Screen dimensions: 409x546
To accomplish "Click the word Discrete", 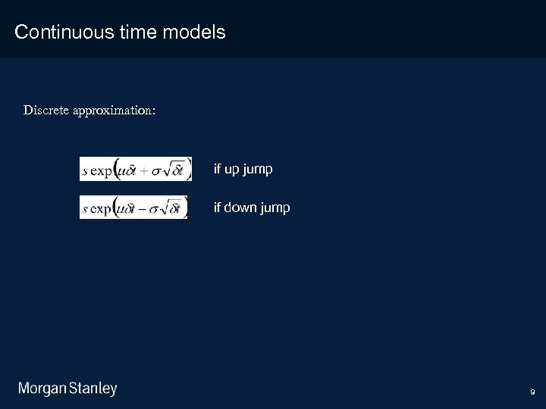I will click(45, 111).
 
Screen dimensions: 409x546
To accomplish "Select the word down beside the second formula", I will click(240, 208).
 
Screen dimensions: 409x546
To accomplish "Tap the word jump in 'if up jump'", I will click(259, 170).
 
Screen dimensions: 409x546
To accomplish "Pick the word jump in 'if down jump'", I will click(275, 208).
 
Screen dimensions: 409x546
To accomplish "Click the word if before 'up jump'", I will click(217, 170).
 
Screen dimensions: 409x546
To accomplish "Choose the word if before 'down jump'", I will click(217, 208).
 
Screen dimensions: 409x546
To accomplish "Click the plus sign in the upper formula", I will click(144, 170).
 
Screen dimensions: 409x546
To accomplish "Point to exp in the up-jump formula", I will click(101, 170).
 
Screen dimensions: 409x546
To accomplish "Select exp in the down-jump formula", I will click(101, 208).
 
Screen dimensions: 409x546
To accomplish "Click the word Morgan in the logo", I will click(42, 389).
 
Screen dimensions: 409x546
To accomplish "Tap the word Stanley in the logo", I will click(93, 389).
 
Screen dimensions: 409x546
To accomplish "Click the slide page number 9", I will click(532, 392).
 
